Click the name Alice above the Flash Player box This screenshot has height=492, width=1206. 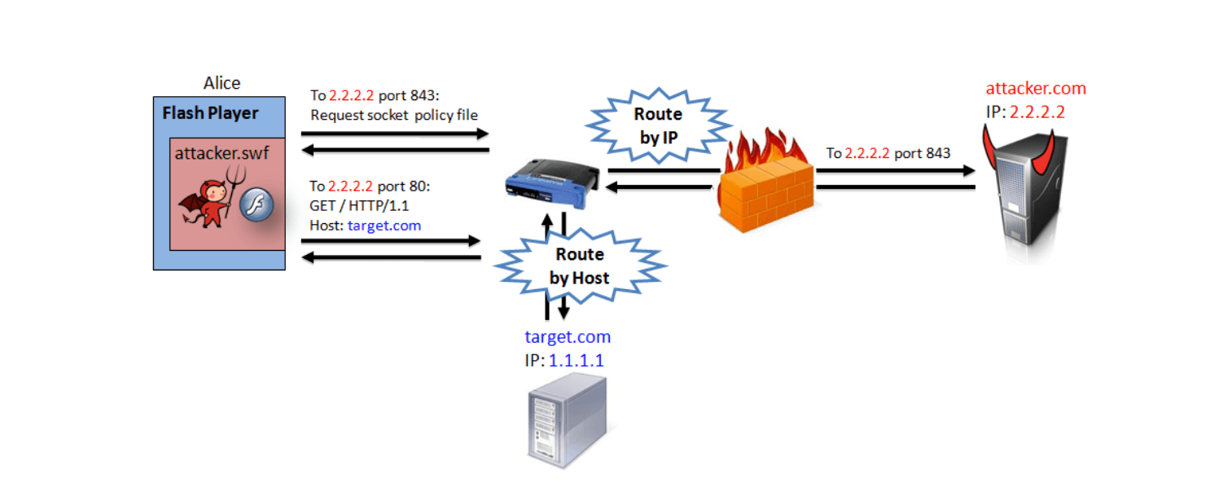click(x=221, y=83)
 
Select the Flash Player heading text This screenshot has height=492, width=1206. click(x=210, y=113)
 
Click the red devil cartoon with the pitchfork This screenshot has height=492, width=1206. click(x=208, y=200)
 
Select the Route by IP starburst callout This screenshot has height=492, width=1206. click(x=657, y=126)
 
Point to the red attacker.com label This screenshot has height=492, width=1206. click(x=1036, y=89)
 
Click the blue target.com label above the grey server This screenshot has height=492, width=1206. click(x=568, y=336)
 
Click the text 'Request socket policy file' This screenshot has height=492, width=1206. click(x=394, y=116)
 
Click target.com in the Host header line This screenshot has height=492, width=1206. click(x=384, y=226)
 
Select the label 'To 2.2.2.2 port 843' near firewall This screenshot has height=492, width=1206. click(x=888, y=153)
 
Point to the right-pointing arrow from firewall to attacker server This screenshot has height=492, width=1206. click(x=895, y=171)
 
